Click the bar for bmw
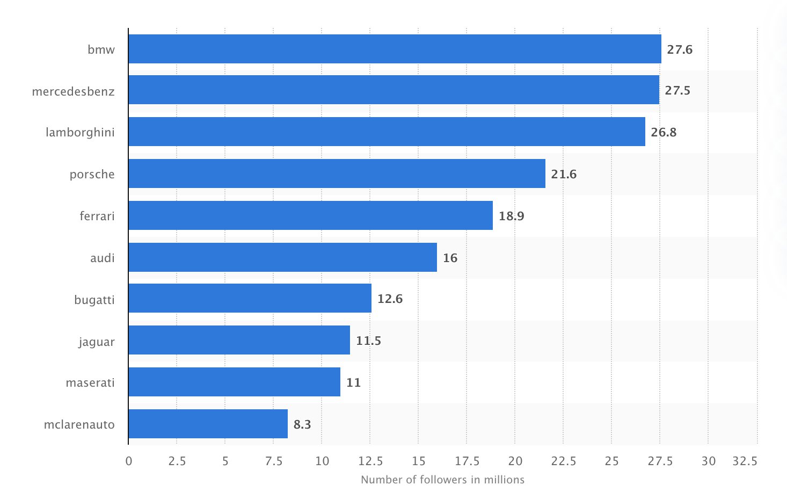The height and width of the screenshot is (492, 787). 395,49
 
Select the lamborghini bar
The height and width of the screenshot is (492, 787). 387,132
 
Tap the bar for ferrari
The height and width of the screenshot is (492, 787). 310,215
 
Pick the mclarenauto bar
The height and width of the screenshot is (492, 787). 208,424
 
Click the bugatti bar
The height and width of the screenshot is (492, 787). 250,298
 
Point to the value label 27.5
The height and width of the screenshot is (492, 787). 677,90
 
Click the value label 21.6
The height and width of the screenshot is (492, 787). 564,174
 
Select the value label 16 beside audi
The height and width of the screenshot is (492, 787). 450,258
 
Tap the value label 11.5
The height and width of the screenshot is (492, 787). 368,341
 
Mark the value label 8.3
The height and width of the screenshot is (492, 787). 302,424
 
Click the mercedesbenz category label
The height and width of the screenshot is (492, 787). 73,91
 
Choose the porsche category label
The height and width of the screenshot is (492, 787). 92,174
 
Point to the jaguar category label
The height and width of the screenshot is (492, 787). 97,342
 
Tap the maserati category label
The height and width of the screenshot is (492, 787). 90,382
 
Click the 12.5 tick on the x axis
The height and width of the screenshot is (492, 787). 370,461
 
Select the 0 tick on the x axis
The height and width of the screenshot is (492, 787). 129,461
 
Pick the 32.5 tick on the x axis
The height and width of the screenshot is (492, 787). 745,461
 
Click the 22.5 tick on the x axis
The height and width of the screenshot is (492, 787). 563,461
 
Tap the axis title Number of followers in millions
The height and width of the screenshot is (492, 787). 442,479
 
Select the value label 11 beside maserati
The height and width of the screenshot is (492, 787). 353,382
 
